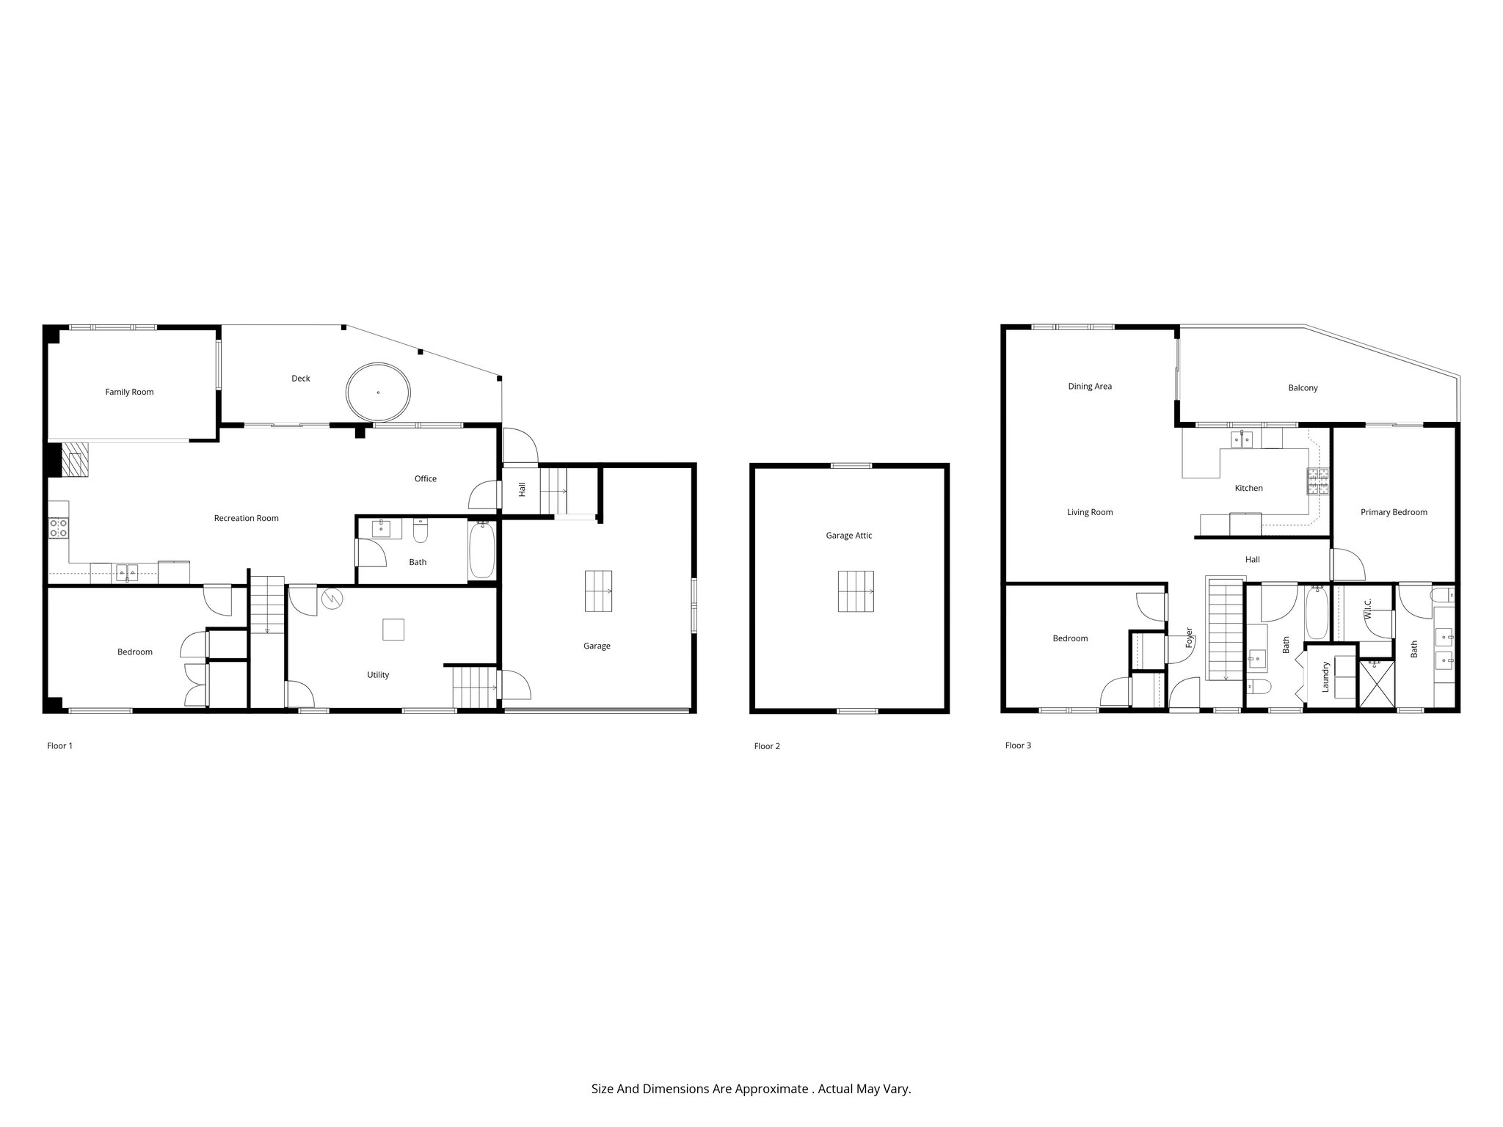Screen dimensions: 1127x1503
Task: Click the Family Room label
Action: [129, 392]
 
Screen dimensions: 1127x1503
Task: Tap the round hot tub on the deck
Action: [378, 392]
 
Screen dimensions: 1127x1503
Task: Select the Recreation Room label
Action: [246, 518]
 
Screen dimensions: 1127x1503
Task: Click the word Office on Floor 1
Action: [425, 478]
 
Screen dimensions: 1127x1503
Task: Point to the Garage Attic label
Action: [848, 536]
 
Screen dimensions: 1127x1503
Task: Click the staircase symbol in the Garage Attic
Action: [856, 591]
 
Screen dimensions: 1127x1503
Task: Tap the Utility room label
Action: [378, 675]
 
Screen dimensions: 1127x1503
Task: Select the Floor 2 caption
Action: [767, 746]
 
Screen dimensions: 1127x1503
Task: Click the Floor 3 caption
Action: [1018, 745]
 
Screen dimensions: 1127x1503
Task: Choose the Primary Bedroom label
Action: [1393, 512]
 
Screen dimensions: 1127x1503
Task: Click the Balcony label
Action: [1303, 388]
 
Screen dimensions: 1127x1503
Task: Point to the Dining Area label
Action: [1090, 387]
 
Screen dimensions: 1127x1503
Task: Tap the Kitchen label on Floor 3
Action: [1248, 488]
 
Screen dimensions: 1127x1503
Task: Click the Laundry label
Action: [1325, 677]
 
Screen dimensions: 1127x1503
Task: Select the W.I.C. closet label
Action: [1368, 609]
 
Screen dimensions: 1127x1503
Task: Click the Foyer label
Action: [1189, 637]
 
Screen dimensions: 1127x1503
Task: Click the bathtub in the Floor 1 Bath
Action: [482, 550]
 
